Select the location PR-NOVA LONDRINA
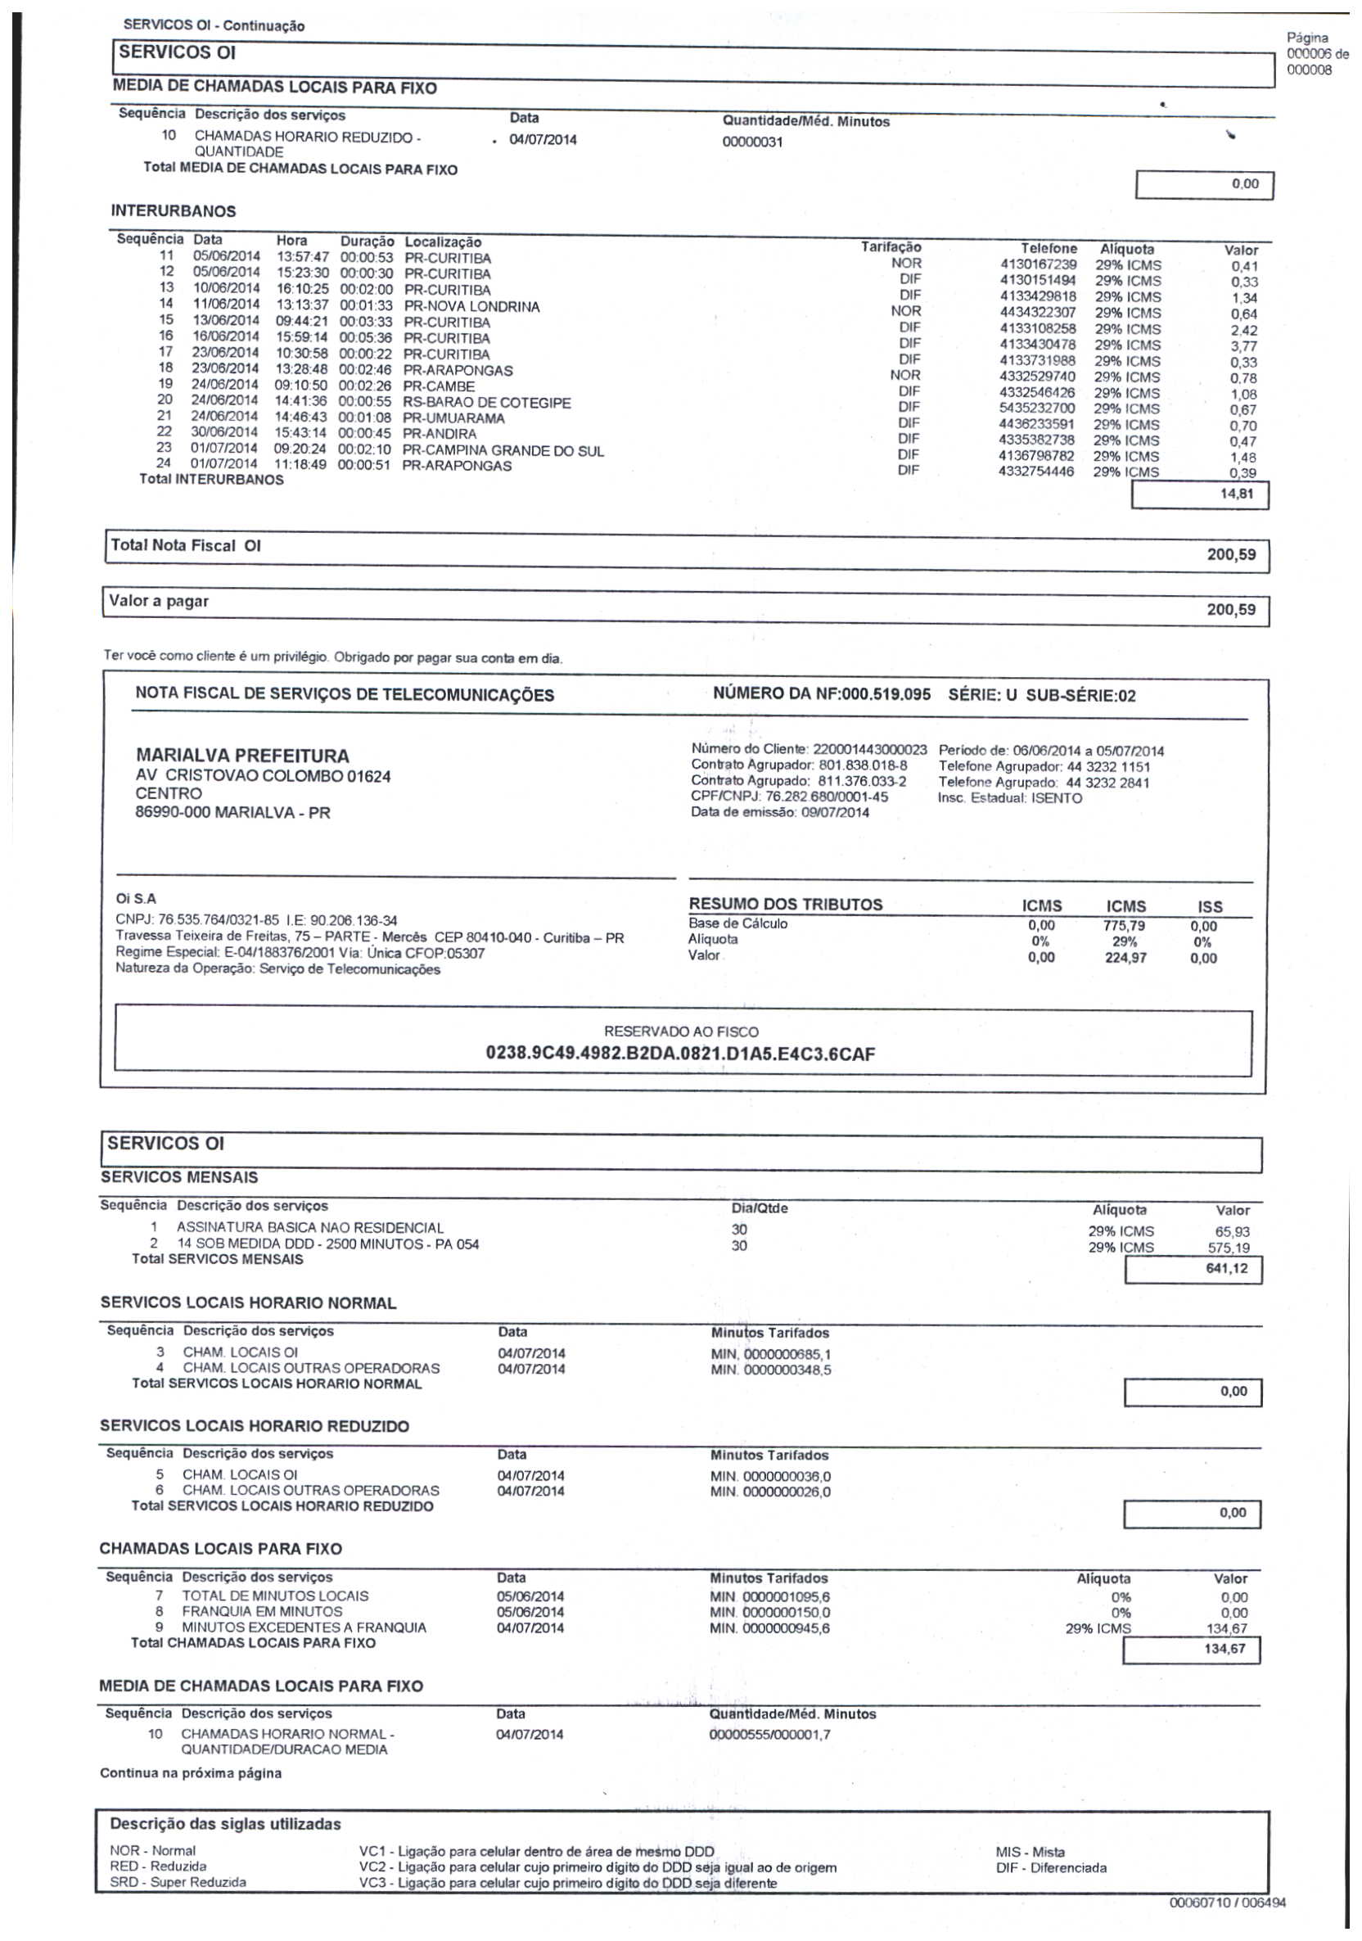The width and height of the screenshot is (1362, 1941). pyautogui.click(x=471, y=307)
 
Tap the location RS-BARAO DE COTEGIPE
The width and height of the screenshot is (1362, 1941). pyautogui.click(x=486, y=403)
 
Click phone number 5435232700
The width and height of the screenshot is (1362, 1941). pyautogui.click(x=1036, y=409)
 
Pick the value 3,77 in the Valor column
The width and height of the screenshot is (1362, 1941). pyautogui.click(x=1242, y=345)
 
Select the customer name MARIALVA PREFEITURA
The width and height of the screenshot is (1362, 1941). pyautogui.click(x=241, y=756)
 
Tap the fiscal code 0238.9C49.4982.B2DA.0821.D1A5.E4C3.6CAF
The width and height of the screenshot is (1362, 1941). pyautogui.click(x=679, y=1054)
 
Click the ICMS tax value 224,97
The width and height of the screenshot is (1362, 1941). pyautogui.click(x=1125, y=958)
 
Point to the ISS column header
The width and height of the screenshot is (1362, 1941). pyautogui.click(x=1210, y=906)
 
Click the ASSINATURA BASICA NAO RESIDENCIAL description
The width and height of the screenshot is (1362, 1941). pyautogui.click(x=309, y=1227)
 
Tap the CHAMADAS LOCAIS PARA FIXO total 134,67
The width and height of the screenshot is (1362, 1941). pyautogui.click(x=1224, y=1649)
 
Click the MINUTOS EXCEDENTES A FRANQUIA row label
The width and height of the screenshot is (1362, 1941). pyautogui.click(x=304, y=1627)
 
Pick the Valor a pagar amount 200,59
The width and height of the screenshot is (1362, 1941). pyautogui.click(x=1230, y=610)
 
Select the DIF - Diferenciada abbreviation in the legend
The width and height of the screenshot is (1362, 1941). pyautogui.click(x=1050, y=1867)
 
